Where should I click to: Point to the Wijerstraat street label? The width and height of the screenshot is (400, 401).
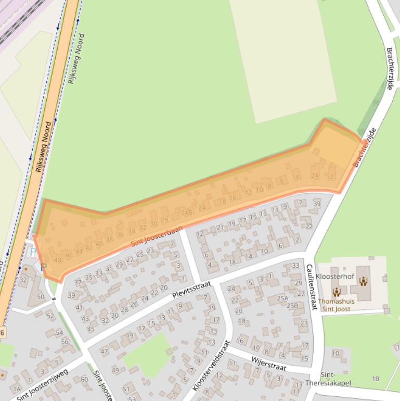[269, 364]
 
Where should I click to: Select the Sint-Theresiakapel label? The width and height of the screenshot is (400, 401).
[336, 379]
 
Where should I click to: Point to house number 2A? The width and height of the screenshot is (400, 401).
[315, 176]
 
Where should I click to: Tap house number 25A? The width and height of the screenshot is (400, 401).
[282, 298]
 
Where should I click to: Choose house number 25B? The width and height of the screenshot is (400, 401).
[292, 306]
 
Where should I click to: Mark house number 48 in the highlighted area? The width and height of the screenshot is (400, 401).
[58, 260]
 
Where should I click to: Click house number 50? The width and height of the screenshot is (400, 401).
[41, 296]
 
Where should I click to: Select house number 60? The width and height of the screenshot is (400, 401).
[84, 379]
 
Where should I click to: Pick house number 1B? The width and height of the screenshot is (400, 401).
[376, 379]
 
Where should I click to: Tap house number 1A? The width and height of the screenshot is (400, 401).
[17, 389]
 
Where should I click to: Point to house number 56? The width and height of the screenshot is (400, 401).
[65, 342]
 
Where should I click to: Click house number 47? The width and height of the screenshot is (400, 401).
[104, 352]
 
